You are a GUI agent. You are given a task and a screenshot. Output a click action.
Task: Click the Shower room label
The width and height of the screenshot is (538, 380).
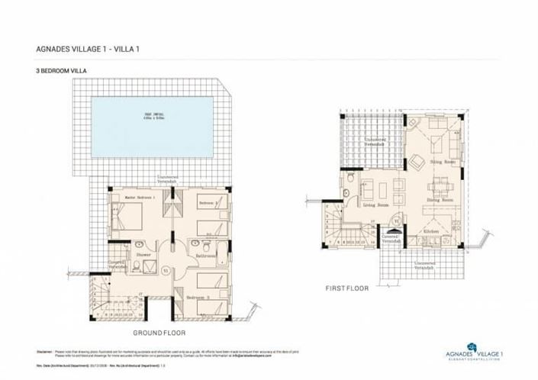(x=143, y=255)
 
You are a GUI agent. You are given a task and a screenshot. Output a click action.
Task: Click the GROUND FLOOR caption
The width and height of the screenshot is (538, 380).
(x=159, y=333)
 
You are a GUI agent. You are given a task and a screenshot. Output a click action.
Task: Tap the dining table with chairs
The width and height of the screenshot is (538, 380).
(x=439, y=186)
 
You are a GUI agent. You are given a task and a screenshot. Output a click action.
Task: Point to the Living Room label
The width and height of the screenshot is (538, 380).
(x=376, y=204)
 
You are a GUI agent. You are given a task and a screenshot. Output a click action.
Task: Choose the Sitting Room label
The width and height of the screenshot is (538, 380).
(x=442, y=163)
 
